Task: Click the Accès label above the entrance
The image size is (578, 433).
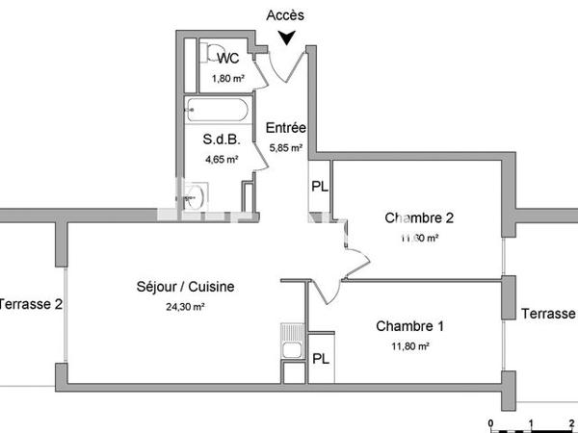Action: pyautogui.click(x=286, y=14)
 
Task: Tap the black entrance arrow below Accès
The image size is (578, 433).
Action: pyautogui.click(x=286, y=38)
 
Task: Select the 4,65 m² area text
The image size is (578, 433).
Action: pyautogui.click(x=220, y=160)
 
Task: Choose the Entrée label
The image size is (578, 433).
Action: pyautogui.click(x=285, y=128)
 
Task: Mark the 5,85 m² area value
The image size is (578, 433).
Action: pyautogui.click(x=285, y=148)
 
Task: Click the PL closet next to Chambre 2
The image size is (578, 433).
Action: pyautogui.click(x=320, y=187)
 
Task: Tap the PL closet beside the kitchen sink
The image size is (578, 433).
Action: pyautogui.click(x=320, y=358)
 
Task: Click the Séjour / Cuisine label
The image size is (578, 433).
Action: pyautogui.click(x=185, y=286)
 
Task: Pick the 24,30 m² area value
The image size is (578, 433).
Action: pyautogui.click(x=185, y=307)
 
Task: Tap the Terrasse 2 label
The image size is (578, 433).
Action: pyautogui.click(x=31, y=304)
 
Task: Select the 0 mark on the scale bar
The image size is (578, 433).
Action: pyautogui.click(x=491, y=422)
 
